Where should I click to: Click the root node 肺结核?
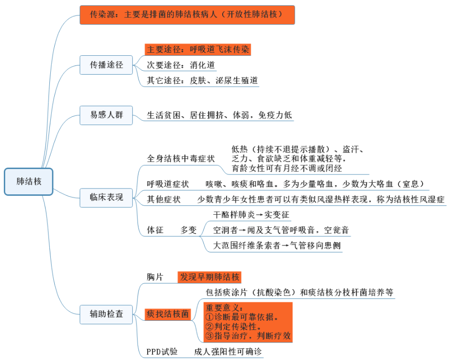pyautogui.click(x=29, y=182)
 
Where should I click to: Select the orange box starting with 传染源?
pyautogui.click(x=187, y=15)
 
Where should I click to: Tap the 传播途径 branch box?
pyautogui.click(x=106, y=65)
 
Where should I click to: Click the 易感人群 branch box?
pyautogui.click(x=106, y=115)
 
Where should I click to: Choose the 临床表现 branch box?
pyautogui.click(x=106, y=197)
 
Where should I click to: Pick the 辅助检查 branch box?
pyautogui.click(x=106, y=313)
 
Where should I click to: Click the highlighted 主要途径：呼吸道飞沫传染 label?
pyautogui.click(x=198, y=49)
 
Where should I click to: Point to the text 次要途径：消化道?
pyautogui.click(x=181, y=65)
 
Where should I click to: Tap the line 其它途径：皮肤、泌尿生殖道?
pyautogui.click(x=202, y=80)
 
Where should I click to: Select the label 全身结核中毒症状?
pyautogui.click(x=181, y=158)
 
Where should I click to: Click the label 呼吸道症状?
pyautogui.click(x=167, y=184)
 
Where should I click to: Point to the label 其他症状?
pyautogui.click(x=164, y=199)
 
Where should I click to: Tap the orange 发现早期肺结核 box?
pyautogui.click(x=209, y=277)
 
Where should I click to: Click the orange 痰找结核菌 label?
pyautogui.click(x=168, y=314)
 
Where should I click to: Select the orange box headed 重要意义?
pyautogui.click(x=247, y=322)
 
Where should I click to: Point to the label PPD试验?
pyautogui.click(x=162, y=351)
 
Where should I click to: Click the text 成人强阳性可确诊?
pyautogui.click(x=228, y=351)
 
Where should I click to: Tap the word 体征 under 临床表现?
pyautogui.click(x=155, y=230)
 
